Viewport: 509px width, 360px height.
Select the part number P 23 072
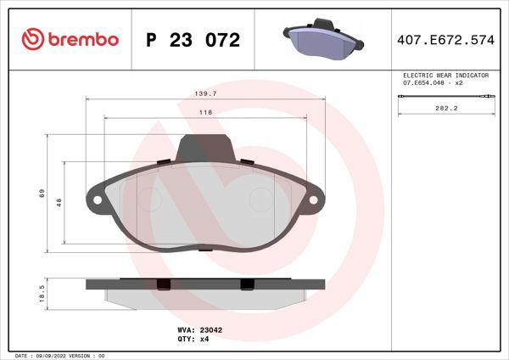point(193,40)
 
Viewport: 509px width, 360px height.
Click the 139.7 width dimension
point(206,94)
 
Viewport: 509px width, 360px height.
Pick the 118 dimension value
point(205,112)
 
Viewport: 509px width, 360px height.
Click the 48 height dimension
point(59,203)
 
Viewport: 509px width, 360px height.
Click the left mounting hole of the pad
point(97,201)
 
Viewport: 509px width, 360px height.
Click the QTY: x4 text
point(193,339)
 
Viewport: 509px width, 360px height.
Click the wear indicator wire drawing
point(444,99)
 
